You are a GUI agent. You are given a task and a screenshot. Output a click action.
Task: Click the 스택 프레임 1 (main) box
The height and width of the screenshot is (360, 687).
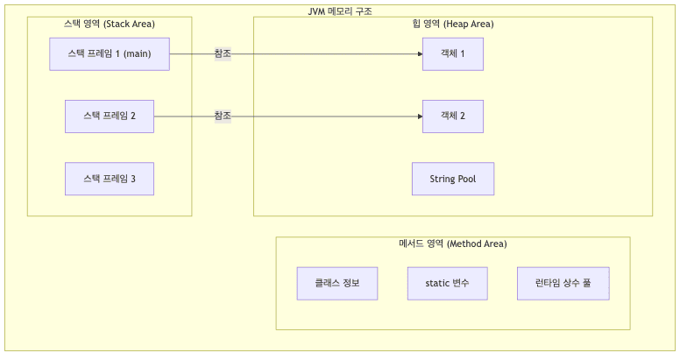point(110,54)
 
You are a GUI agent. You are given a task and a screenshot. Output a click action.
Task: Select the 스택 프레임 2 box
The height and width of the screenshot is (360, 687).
point(110,116)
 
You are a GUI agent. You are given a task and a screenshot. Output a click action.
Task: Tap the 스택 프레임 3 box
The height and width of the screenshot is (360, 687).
point(110,179)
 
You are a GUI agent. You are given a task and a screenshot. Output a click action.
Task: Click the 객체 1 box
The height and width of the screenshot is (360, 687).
point(453,54)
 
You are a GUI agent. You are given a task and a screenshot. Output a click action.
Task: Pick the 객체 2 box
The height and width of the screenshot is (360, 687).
point(453,116)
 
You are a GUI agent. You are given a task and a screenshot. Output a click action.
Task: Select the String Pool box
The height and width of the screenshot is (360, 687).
point(453,179)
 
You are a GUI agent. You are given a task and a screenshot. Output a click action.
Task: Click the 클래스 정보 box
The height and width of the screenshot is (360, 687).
point(337,284)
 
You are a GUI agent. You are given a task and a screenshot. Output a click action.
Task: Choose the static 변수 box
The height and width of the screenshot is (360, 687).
point(448,284)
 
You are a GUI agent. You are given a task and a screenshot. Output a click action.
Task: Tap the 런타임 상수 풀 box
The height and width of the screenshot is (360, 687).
point(563,284)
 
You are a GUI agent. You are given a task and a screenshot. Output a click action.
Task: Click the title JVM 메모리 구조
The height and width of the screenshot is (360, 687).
point(340,11)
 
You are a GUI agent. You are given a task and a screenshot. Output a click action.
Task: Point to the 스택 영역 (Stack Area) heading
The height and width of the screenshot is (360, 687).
point(110,24)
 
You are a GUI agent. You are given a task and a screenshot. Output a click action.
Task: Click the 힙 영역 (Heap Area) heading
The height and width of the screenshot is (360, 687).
point(453,24)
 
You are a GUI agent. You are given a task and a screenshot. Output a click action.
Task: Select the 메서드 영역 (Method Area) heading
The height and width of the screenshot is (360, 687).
point(453,244)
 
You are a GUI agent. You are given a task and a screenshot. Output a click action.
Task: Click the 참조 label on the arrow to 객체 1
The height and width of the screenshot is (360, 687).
point(223,54)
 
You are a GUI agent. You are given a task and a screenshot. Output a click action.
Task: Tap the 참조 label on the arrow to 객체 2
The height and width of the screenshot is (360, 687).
point(223,116)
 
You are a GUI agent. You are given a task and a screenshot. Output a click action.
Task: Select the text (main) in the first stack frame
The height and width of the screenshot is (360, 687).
point(137,54)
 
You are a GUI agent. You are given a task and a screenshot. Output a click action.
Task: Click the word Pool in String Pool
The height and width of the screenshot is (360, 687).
point(465,179)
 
